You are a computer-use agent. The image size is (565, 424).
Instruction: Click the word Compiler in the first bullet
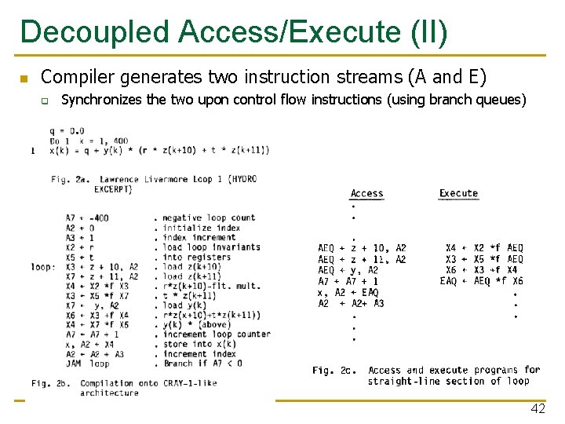click(73, 77)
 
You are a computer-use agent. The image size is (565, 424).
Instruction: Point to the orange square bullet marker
click(24, 79)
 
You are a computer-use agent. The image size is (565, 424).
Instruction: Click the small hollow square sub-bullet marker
click(46, 101)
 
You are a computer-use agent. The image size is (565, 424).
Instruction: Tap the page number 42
click(538, 408)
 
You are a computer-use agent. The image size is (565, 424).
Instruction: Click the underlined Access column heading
click(366, 193)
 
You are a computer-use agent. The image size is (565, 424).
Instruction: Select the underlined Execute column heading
click(458, 193)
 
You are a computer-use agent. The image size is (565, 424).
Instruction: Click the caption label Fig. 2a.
click(71, 180)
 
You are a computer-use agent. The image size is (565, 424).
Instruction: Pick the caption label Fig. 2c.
click(334, 370)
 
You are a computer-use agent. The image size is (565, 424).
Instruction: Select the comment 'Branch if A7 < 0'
click(202, 364)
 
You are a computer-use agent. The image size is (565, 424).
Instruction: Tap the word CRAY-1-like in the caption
click(189, 383)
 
